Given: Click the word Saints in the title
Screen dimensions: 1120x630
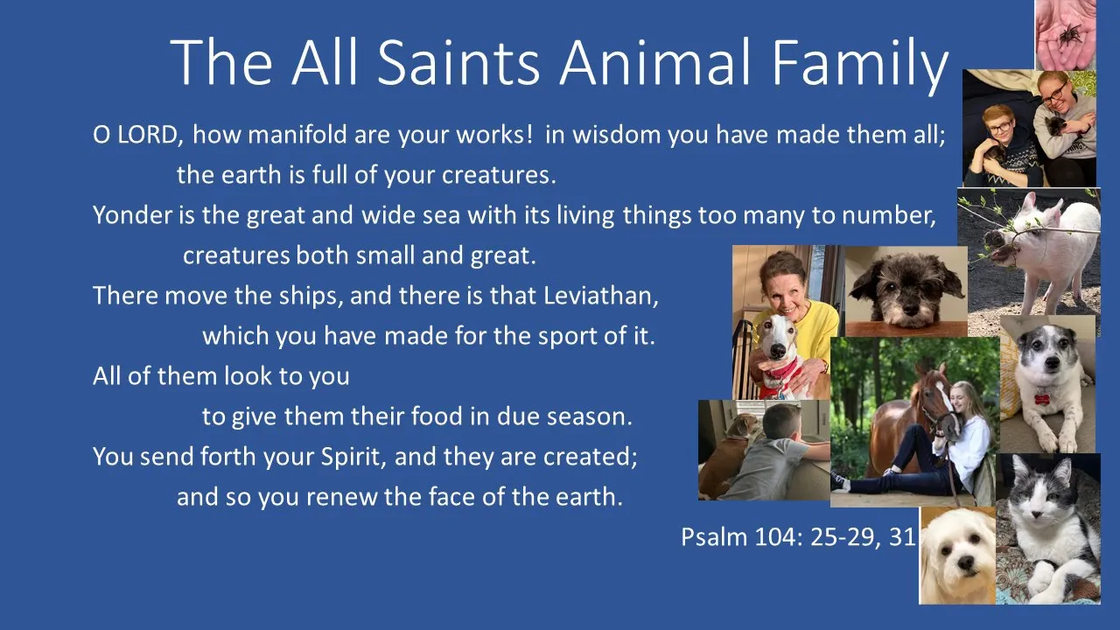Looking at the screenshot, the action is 458,62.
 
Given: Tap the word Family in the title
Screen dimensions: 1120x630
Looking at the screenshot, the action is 860,66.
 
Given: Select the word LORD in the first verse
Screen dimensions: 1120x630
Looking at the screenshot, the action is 150,135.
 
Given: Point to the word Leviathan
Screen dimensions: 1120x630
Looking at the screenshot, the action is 601,296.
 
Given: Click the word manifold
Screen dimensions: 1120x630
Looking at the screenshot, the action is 297,135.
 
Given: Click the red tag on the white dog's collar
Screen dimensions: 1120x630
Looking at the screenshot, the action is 1042,399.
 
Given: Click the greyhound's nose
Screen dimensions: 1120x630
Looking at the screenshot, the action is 777,351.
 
